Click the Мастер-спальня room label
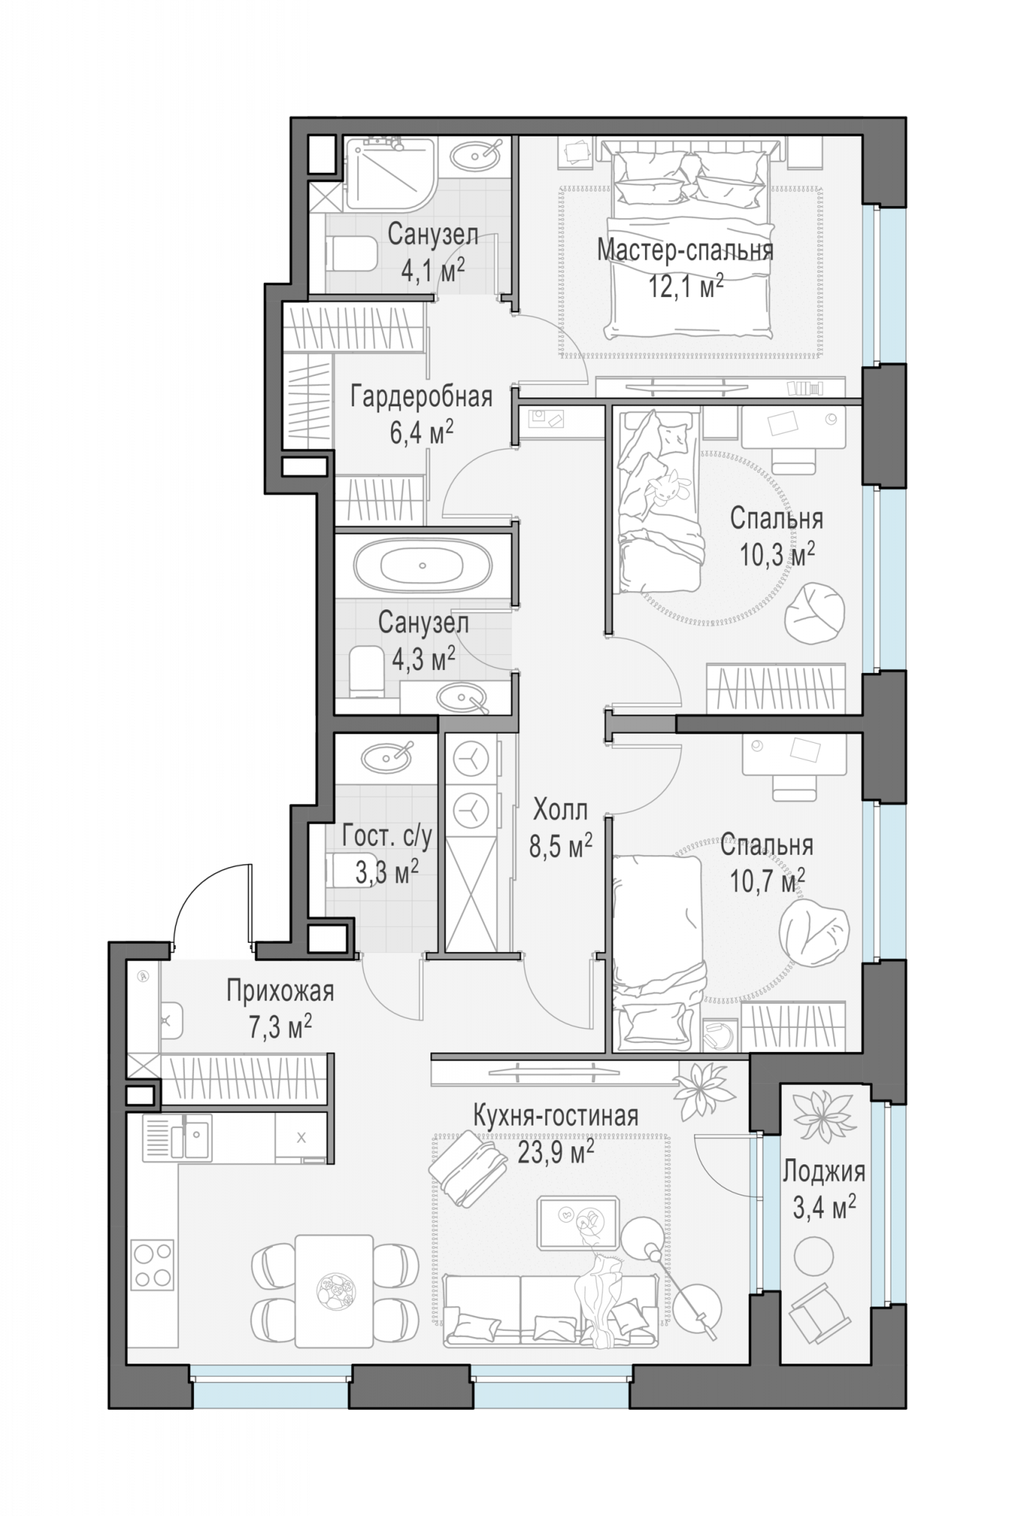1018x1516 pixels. [x=684, y=249]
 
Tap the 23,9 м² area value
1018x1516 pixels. [x=555, y=1153]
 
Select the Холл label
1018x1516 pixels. [x=560, y=810]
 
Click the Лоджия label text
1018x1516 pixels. [x=824, y=1173]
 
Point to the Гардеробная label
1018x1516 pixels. [x=421, y=396]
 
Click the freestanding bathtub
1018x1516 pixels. [x=423, y=565]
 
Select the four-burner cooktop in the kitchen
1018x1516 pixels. [x=153, y=1264]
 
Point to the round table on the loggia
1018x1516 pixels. [x=813, y=1255]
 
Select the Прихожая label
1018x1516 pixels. [x=280, y=991]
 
